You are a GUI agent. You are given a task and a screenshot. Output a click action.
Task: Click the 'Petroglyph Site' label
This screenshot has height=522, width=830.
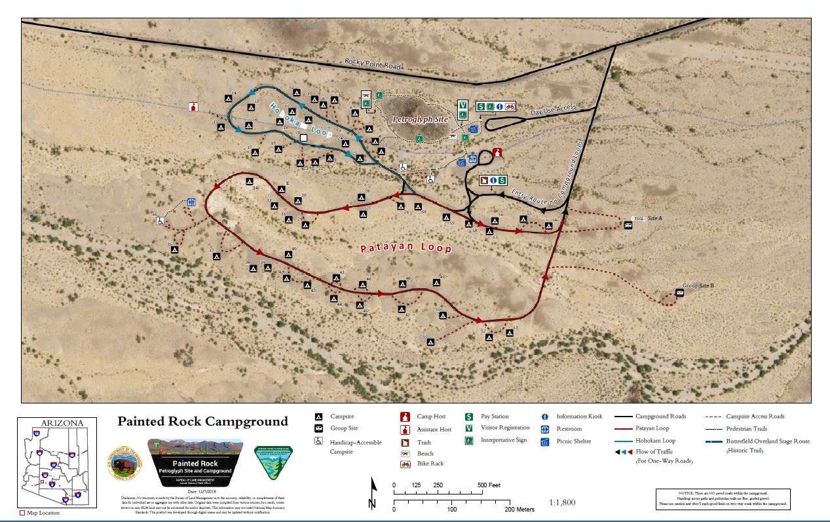click(420, 120)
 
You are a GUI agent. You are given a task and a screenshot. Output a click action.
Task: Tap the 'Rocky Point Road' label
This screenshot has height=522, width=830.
click(373, 65)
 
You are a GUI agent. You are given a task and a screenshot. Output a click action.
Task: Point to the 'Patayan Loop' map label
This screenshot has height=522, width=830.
click(406, 248)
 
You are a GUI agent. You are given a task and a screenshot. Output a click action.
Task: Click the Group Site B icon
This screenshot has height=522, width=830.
click(679, 293)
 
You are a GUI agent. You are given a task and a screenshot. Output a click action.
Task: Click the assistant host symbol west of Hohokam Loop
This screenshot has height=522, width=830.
click(193, 107)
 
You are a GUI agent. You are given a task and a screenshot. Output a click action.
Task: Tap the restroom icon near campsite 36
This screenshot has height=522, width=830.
click(191, 202)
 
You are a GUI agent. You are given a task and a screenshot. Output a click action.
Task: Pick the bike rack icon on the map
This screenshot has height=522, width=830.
click(509, 106)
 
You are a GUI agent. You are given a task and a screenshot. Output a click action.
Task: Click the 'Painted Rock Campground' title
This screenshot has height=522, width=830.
click(202, 421)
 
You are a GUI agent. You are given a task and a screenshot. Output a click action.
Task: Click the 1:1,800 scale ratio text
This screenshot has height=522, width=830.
click(561, 502)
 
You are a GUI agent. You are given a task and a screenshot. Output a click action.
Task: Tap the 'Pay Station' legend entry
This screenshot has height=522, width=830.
click(495, 417)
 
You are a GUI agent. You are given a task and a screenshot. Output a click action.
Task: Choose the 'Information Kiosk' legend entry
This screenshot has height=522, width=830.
click(579, 417)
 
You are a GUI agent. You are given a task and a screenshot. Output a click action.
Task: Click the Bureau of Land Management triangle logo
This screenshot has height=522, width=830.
click(273, 463)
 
